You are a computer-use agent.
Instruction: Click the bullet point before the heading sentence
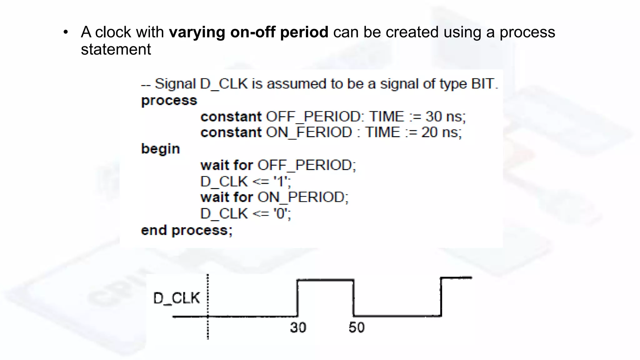tap(65, 32)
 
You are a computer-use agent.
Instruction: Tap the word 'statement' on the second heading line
tap(116, 49)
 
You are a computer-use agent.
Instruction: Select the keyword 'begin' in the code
tap(161, 149)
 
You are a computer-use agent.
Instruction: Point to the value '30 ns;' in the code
tap(446, 117)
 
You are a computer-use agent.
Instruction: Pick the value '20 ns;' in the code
tap(442, 132)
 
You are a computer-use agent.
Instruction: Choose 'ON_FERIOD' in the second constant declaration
tap(309, 132)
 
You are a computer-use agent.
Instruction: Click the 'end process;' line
tap(187, 230)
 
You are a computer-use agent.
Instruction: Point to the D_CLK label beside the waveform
tap(177, 298)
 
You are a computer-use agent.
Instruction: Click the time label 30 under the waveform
tap(298, 327)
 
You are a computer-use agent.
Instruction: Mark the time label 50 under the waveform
tap(357, 327)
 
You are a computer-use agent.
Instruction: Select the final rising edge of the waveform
tap(441, 297)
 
